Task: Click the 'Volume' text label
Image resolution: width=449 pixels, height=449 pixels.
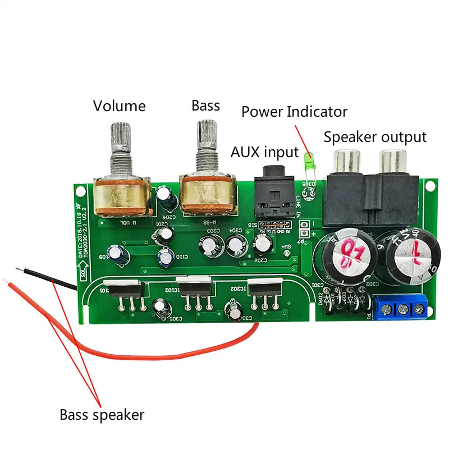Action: [x=119, y=106]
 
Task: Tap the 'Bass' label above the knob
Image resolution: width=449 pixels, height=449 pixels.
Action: [x=205, y=105]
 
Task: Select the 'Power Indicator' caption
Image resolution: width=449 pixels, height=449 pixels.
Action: [x=294, y=111]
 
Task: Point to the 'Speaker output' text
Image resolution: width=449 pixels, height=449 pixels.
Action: [x=375, y=137]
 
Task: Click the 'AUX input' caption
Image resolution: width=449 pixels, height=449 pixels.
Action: [x=264, y=152]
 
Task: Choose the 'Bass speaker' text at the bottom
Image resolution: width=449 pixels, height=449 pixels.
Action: [x=102, y=415]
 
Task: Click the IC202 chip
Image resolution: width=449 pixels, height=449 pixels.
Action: [x=264, y=290]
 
